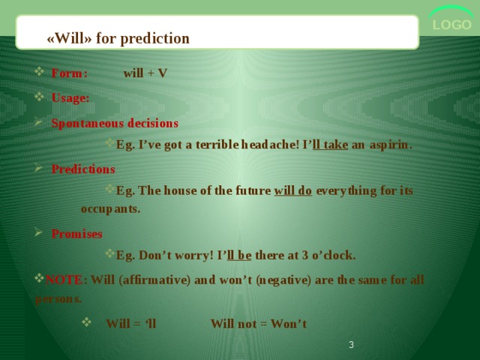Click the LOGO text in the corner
451,25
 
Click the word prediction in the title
155,39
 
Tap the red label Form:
70,73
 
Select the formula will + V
145,73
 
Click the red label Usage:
70,98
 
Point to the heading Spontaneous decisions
115,123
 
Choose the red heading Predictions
83,169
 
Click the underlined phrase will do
293,190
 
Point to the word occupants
110,209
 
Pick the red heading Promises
76,234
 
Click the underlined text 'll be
239,255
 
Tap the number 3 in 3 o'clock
305,255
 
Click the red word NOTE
64,280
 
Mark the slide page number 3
351,345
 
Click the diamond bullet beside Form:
39,72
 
